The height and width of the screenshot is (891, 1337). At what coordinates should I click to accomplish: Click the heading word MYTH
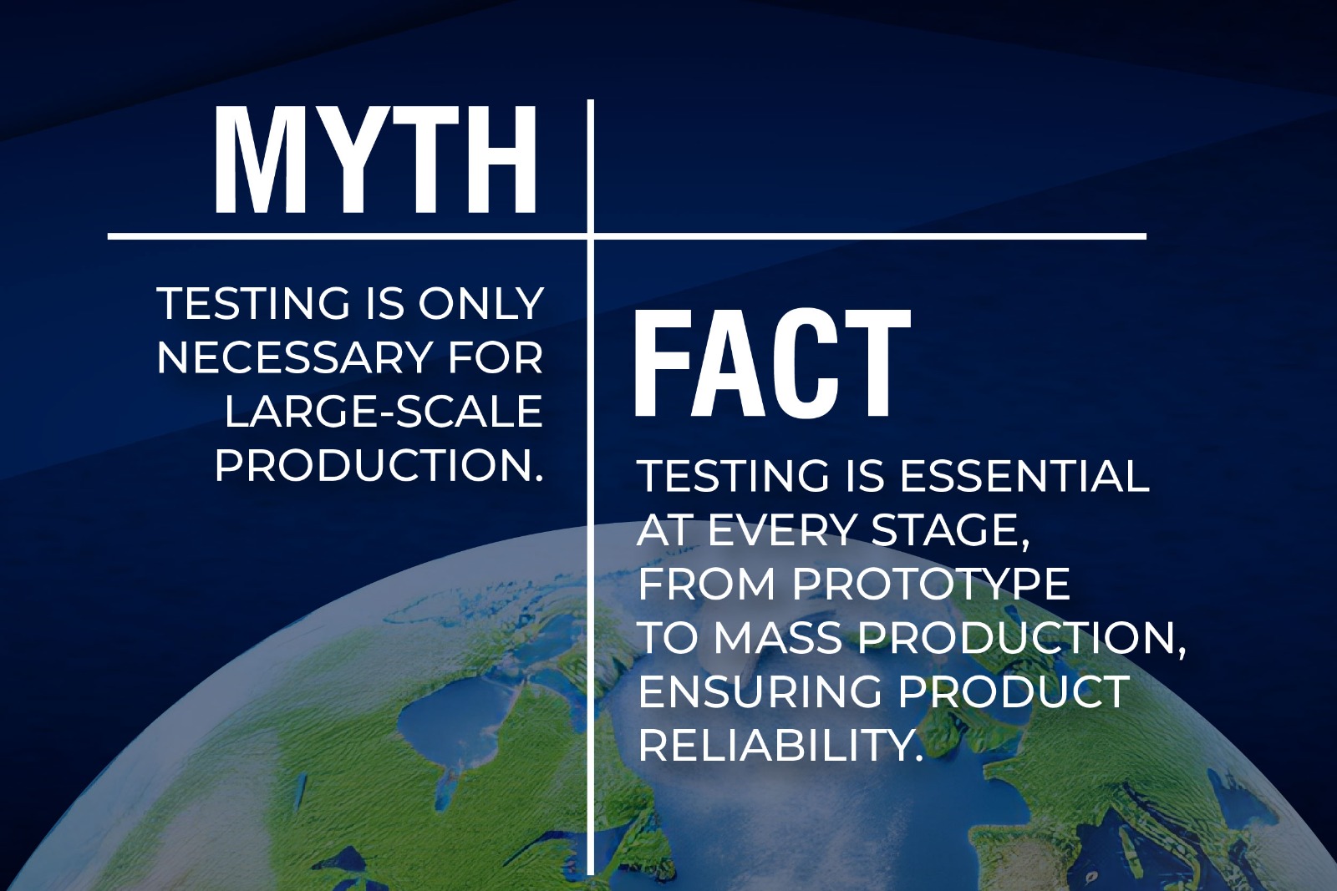375,159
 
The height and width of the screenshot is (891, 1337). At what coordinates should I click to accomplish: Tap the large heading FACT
772,363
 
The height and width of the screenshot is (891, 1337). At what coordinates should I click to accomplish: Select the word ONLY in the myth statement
481,304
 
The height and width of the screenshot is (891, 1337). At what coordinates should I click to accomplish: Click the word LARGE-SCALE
384,412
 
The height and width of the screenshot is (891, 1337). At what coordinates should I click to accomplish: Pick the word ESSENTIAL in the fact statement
1024,477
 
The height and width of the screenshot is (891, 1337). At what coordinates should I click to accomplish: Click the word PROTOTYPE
931,584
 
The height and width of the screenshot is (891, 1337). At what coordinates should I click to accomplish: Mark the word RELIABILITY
781,745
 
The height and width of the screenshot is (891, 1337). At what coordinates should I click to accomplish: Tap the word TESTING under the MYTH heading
253,304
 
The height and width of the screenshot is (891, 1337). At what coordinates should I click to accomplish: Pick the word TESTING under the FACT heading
734,477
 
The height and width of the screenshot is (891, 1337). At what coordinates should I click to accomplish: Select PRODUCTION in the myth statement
379,465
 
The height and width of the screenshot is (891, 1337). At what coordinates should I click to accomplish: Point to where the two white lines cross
591,237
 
